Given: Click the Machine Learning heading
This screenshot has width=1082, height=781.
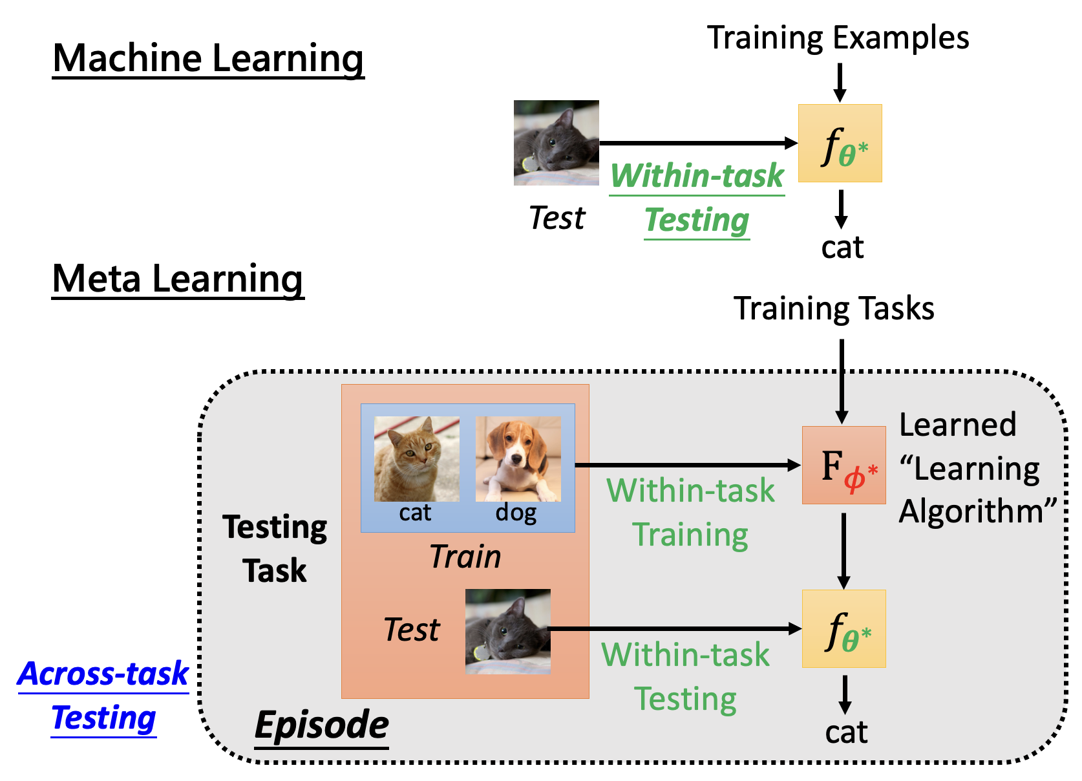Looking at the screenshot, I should (208, 59).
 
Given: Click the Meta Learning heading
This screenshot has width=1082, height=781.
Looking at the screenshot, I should (178, 279).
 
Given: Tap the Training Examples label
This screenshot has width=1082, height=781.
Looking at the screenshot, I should (838, 37).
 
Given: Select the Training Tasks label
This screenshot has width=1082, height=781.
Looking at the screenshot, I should (834, 308).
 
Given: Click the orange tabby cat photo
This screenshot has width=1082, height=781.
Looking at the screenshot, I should (417, 458).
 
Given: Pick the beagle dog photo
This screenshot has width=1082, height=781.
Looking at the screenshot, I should (518, 458).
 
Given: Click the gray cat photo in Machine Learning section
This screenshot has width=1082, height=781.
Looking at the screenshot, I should (556, 143).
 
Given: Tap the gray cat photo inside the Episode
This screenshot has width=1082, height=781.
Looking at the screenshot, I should (508, 632).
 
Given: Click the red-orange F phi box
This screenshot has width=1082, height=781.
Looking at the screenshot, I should (843, 465).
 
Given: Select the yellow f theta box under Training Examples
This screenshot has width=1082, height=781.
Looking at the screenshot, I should (840, 143).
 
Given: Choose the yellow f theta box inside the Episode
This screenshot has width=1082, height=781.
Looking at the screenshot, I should (843, 628).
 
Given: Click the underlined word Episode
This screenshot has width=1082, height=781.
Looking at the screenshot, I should (322, 725).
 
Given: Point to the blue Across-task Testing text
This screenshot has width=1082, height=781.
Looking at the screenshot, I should (103, 696).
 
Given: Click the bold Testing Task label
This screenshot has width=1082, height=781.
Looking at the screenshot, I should (275, 549).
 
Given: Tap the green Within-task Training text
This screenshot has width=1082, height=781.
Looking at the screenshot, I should (690, 513).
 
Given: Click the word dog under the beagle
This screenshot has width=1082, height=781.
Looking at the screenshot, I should (516, 513).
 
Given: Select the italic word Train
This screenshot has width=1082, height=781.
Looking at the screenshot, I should (465, 557).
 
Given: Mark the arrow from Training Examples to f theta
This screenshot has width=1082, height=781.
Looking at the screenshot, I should (840, 81).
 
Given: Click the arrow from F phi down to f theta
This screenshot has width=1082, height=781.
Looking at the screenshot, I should (843, 550).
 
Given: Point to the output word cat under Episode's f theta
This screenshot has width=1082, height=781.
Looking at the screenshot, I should (846, 733).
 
